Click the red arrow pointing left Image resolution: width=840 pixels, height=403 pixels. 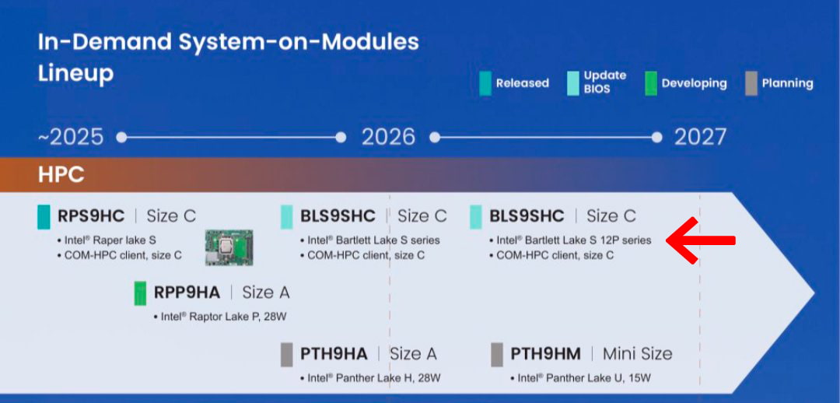pos(701,240)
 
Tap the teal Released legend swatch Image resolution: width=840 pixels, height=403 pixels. pos(485,83)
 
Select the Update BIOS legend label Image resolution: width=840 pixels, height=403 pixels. pos(605,82)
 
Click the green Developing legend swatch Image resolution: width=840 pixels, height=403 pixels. pos(651,83)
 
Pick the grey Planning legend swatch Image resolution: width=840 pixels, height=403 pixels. pos(751,83)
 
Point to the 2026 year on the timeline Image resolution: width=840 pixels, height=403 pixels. pos(388,137)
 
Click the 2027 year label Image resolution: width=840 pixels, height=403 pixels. pos(700,137)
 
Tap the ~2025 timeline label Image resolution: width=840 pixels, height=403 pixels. pos(71,137)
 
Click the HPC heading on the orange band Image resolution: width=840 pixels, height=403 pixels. pos(61,175)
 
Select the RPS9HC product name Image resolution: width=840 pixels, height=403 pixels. pos(91,216)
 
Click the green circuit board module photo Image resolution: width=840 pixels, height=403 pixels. pos(229,247)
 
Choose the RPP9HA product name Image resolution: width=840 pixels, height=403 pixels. pos(187,293)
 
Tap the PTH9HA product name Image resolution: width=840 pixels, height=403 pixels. pos(334,354)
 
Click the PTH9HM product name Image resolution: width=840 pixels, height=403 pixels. pos(545,354)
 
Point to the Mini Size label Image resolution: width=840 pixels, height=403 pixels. pos(638,354)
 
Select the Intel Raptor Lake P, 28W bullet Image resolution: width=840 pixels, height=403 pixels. pos(220,317)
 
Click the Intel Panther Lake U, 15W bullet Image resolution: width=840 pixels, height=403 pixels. pos(581,378)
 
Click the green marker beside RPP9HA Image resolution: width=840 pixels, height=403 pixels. pos(140,293)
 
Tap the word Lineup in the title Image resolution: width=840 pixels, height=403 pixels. pos(75,74)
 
